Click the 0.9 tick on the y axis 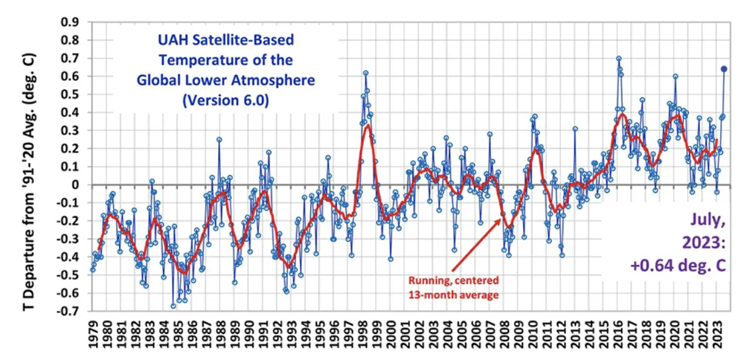pyautogui.click(x=70, y=22)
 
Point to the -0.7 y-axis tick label pyautogui.click(x=68, y=311)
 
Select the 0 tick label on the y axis pyautogui.click(x=76, y=184)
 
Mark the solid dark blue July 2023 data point pyautogui.click(x=724, y=69)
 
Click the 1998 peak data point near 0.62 pyautogui.click(x=366, y=73)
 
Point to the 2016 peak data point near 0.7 pyautogui.click(x=618, y=59)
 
